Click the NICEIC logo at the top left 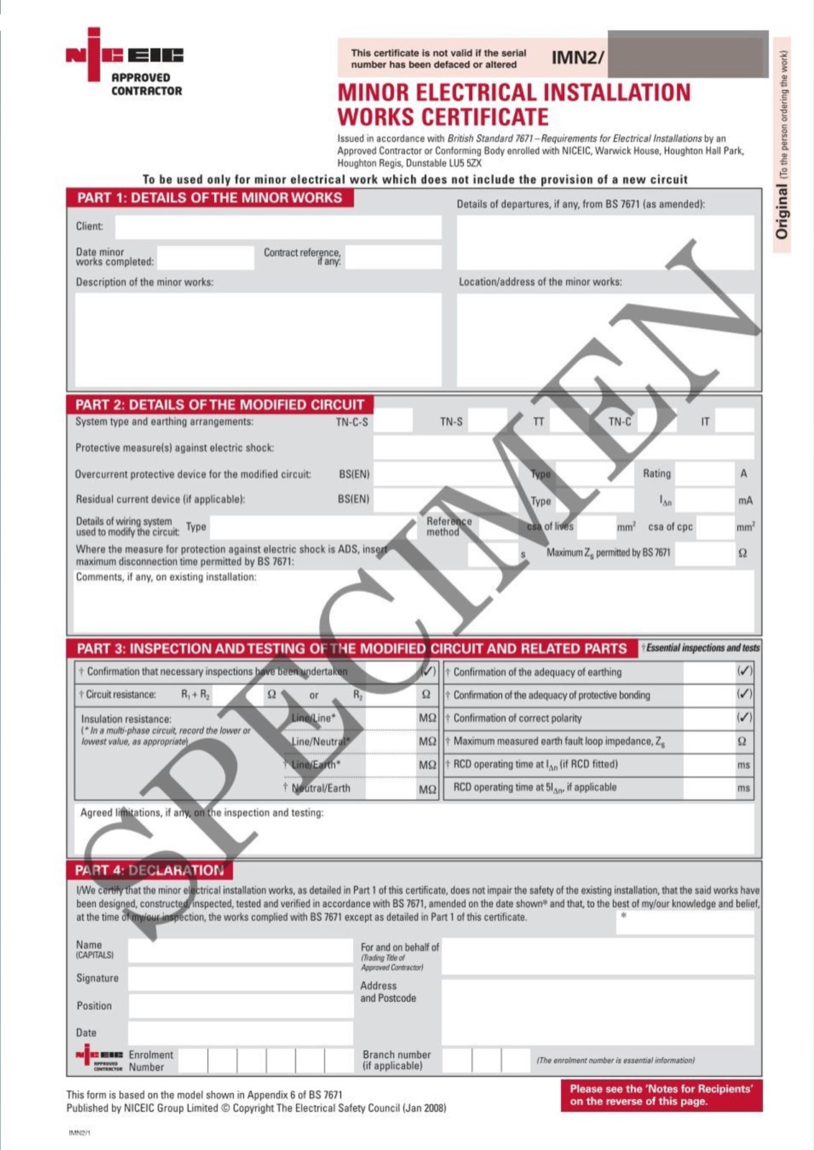pyautogui.click(x=124, y=63)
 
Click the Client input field pyautogui.click(x=278, y=227)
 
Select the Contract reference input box pyautogui.click(x=392, y=257)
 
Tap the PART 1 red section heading pyautogui.click(x=210, y=198)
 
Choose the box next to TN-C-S pyautogui.click(x=393, y=421)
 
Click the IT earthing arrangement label pyautogui.click(x=705, y=422)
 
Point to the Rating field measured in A pyautogui.click(x=704, y=474)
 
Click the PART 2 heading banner pyautogui.click(x=220, y=405)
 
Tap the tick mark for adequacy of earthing pyautogui.click(x=745, y=671)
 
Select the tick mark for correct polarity pyautogui.click(x=745, y=717)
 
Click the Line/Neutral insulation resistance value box pyautogui.click(x=389, y=741)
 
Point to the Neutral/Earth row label pyautogui.click(x=320, y=788)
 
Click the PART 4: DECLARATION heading pyautogui.click(x=149, y=870)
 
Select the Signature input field pyautogui.click(x=240, y=979)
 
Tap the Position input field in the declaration pyautogui.click(x=240, y=1006)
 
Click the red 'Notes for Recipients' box pyautogui.click(x=661, y=1095)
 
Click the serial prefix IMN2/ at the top pyautogui.click(x=578, y=57)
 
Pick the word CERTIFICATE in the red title pyautogui.click(x=443, y=116)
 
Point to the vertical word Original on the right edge pyautogui.click(x=782, y=211)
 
